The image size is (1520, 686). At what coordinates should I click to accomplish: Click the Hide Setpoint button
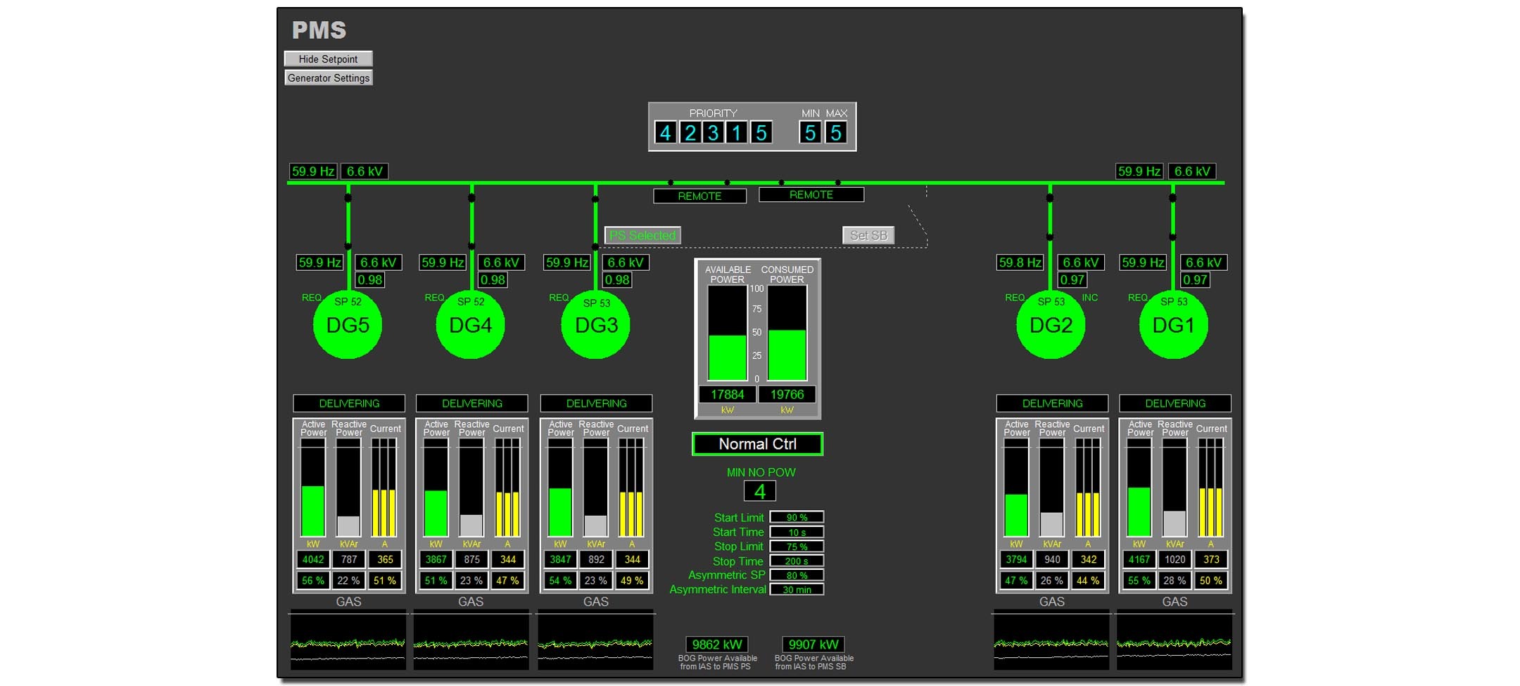click(328, 59)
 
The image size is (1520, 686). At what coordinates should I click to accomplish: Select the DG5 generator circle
click(348, 325)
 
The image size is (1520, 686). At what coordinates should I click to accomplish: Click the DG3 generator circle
click(596, 325)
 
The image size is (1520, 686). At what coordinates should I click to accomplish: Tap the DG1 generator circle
click(1173, 325)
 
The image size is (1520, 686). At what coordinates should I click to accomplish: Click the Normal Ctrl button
click(757, 444)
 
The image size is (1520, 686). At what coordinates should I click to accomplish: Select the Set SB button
click(868, 236)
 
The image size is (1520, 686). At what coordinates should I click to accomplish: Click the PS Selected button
click(642, 236)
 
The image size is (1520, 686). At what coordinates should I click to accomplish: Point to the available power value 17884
click(727, 395)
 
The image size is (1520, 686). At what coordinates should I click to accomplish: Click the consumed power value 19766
click(787, 395)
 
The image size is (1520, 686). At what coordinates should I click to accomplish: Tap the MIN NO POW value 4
click(760, 491)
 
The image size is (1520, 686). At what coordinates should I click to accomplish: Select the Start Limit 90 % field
click(797, 518)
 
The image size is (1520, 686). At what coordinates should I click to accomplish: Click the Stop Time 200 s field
click(797, 561)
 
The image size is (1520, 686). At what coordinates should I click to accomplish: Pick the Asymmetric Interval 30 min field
click(797, 590)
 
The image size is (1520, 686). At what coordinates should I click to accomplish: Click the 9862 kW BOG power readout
click(717, 644)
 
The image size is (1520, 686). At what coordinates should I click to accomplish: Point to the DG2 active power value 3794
click(1016, 559)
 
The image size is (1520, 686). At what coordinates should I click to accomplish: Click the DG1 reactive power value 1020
click(1174, 559)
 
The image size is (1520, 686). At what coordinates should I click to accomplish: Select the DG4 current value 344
click(508, 559)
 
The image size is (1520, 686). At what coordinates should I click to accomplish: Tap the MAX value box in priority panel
click(835, 133)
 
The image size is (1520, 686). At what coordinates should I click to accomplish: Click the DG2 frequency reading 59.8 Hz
click(1020, 262)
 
